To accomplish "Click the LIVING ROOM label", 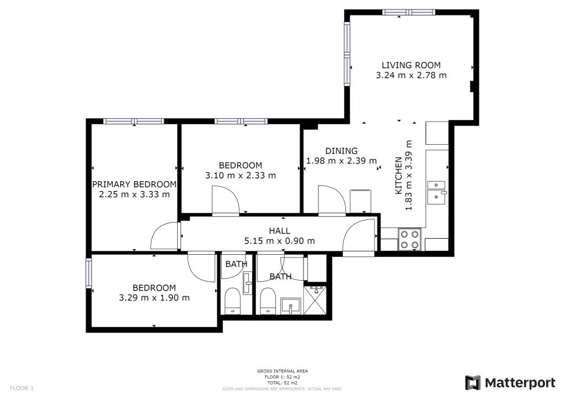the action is [411, 65].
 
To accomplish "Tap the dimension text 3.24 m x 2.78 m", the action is [411, 75].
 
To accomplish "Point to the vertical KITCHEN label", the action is [398, 176].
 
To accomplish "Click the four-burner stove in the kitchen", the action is [410, 239].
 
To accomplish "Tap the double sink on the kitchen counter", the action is [437, 192].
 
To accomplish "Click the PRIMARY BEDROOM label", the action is [135, 185].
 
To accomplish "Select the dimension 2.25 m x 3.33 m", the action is [135, 194].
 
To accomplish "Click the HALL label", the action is [279, 231].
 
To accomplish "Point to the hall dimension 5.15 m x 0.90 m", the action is [279, 241].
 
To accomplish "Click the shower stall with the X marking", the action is [315, 300].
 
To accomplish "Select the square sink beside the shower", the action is [290, 306].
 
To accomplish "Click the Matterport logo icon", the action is [472, 383].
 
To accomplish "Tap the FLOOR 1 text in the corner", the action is [22, 388].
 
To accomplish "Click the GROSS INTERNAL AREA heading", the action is [282, 371].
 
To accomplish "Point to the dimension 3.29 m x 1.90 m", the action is [154, 298].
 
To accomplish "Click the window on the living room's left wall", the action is [347, 54].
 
